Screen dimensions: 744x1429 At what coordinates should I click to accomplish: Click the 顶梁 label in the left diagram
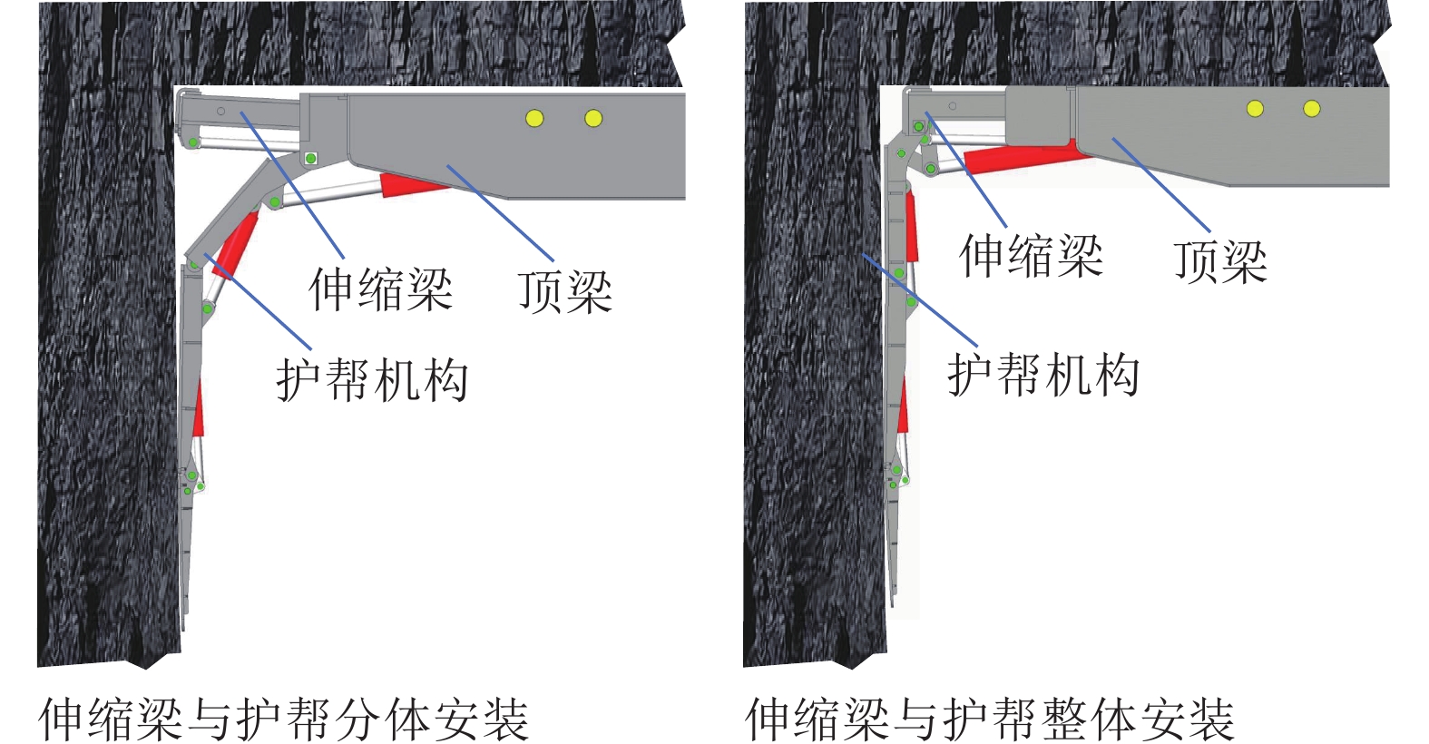pos(564,291)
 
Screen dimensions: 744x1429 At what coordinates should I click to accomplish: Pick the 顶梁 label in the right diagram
pos(1219,261)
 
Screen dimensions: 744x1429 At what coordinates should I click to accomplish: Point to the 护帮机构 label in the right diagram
pos(1043,375)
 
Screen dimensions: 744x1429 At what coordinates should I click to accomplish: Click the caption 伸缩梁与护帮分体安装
pos(283,719)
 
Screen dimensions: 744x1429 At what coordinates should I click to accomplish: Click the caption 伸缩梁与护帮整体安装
pos(989,719)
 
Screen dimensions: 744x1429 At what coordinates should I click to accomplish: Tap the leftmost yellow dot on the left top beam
pos(534,118)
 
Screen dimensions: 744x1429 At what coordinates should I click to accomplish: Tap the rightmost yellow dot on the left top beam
pos(593,118)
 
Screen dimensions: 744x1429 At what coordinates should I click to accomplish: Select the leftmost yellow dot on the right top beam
pos(1255,109)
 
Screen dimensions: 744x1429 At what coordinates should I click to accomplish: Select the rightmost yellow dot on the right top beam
pos(1311,109)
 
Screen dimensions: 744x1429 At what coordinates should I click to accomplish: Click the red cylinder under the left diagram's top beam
pos(413,184)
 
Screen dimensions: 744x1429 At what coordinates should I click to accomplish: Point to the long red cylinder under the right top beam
pos(1025,157)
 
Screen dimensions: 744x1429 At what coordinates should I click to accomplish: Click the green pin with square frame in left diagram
pos(310,159)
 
